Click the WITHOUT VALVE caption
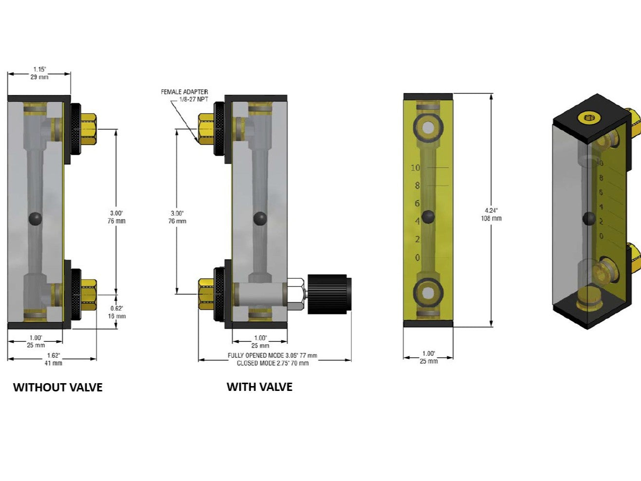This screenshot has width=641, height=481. pos(57,388)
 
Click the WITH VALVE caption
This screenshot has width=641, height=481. pos(259,387)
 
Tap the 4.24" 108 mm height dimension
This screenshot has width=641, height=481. pos(491,214)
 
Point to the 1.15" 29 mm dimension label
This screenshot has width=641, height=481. pos(40,73)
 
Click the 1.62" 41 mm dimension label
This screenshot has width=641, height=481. pos(53,359)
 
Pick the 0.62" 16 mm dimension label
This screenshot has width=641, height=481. pos(117,312)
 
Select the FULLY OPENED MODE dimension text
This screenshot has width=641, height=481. pos(273,356)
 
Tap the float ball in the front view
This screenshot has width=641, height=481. pos(428,217)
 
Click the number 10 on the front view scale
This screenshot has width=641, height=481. pos(415,168)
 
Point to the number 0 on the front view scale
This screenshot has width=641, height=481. pos(417,258)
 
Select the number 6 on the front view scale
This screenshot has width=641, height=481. pos(417,203)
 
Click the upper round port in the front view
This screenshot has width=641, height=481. pos(428,128)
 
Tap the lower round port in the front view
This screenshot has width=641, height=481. pos(428,293)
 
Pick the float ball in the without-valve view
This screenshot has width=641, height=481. pos(36,219)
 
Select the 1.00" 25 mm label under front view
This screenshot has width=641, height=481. pos(428,357)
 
